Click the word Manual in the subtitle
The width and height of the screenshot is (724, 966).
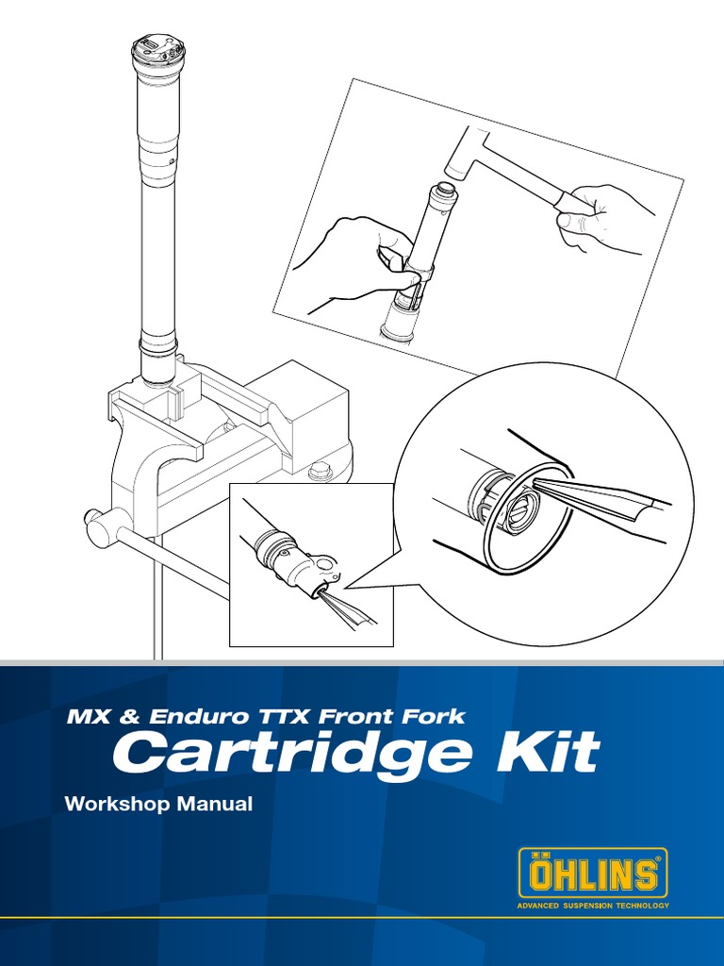pyautogui.click(x=217, y=805)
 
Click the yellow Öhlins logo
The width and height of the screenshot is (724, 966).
pyautogui.click(x=593, y=874)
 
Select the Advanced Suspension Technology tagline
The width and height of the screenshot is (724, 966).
pyautogui.click(x=593, y=906)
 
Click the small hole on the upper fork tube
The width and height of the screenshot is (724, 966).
pyautogui.click(x=172, y=161)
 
